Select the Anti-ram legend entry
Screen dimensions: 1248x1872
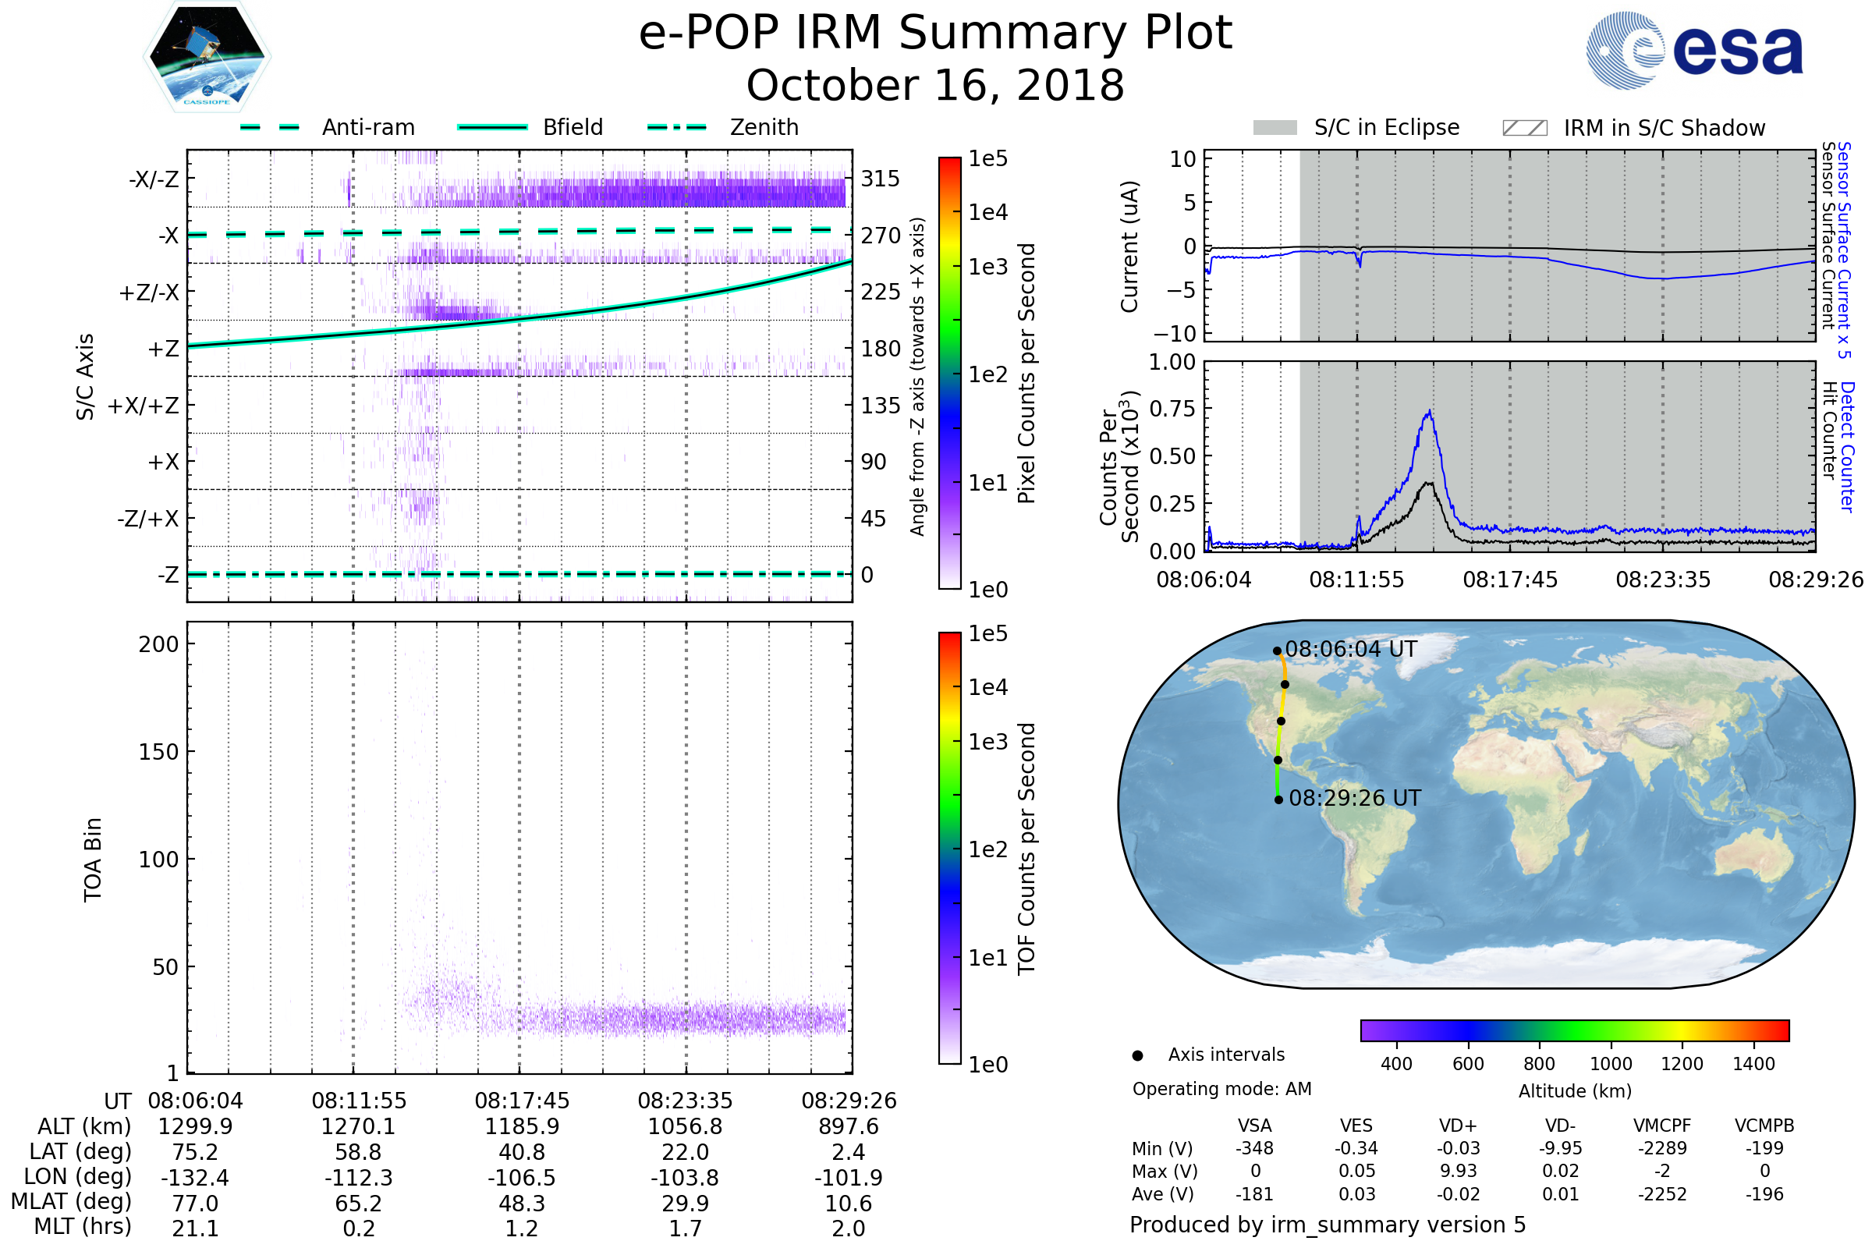pos(367,127)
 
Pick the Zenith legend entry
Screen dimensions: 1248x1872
pos(764,127)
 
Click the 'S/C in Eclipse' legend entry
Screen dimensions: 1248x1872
pos(1386,127)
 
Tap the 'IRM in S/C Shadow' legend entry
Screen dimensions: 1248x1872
pos(1664,128)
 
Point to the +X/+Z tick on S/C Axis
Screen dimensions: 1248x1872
pos(144,406)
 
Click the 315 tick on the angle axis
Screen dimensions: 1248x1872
pos(880,179)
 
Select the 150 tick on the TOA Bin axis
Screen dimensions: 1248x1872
pos(158,752)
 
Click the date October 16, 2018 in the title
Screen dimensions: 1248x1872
pos(935,85)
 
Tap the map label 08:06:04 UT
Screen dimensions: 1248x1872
pos(1351,650)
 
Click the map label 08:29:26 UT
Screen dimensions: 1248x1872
pos(1355,798)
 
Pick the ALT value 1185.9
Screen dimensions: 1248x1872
pos(521,1127)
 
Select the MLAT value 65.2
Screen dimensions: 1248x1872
pos(358,1204)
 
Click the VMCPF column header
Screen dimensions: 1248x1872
pos(1662,1126)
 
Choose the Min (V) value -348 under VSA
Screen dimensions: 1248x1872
pos(1254,1148)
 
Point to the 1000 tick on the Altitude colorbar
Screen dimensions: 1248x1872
pos(1611,1064)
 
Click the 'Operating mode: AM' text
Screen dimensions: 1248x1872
pos(1221,1089)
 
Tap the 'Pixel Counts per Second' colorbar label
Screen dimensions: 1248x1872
pos(1026,374)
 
